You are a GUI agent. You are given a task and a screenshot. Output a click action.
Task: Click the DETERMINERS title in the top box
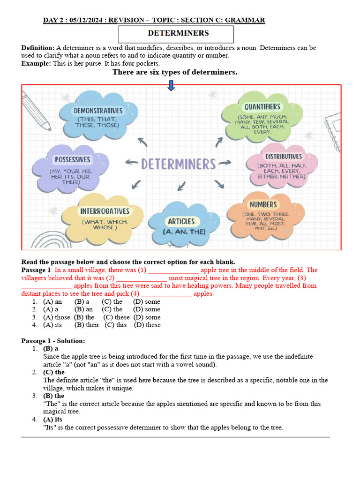point(178,33)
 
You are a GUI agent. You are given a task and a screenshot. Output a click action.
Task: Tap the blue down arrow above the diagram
point(171,85)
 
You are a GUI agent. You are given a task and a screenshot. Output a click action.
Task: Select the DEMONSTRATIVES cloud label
point(98,111)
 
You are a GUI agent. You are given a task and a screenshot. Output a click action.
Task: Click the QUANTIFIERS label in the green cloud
point(262,107)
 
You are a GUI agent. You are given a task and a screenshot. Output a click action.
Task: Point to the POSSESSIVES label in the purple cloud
point(72,160)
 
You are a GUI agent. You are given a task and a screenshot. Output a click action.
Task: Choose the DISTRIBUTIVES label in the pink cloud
point(284,157)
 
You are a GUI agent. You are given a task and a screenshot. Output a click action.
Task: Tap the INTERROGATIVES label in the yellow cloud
point(105,211)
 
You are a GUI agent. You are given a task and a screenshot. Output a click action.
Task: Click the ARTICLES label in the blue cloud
point(181,221)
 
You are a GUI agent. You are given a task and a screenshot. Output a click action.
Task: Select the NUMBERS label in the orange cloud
point(263,205)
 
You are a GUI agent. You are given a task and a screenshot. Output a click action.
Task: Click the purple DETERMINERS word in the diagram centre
point(179,164)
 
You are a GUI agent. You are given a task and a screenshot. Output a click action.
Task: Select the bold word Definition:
point(38,48)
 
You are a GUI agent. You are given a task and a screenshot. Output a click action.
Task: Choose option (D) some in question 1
point(146,302)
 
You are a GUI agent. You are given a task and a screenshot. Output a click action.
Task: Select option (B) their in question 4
point(87,325)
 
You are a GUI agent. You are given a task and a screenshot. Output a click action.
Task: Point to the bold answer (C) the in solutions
point(54,372)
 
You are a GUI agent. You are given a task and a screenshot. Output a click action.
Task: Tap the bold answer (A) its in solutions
point(52,420)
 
